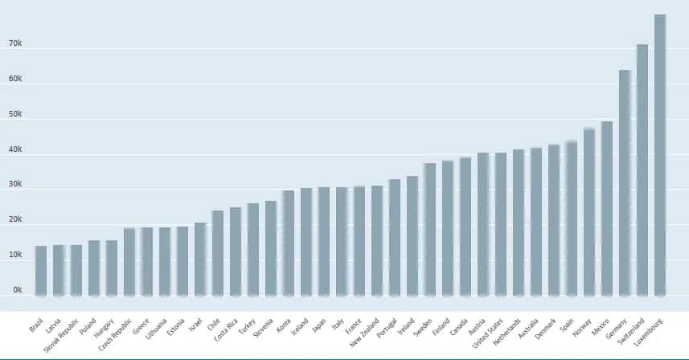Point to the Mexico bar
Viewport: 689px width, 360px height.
click(x=607, y=209)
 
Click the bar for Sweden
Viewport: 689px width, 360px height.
click(x=430, y=230)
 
